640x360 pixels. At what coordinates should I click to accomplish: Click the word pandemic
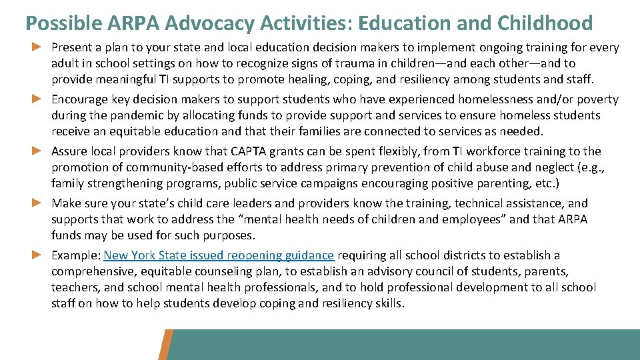[121, 115]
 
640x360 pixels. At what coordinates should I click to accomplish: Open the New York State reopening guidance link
[219, 255]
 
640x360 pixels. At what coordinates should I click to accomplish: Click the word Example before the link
[75, 255]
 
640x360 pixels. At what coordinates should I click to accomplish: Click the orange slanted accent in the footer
[167, 344]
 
